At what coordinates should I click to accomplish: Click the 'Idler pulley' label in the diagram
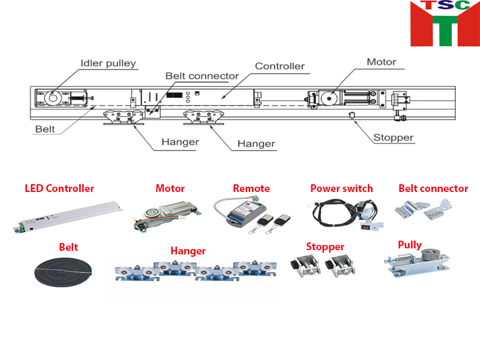(x=109, y=63)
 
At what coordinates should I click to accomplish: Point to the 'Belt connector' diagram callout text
(x=202, y=76)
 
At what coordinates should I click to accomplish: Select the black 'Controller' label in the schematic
(x=280, y=66)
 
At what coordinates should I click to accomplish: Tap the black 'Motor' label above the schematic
(x=382, y=62)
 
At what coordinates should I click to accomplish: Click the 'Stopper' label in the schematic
(x=394, y=137)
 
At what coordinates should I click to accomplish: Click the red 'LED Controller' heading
(x=59, y=188)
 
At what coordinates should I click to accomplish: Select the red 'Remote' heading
(x=251, y=188)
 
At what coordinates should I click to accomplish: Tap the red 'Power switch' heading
(x=341, y=188)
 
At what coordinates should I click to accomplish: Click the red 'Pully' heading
(x=410, y=245)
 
